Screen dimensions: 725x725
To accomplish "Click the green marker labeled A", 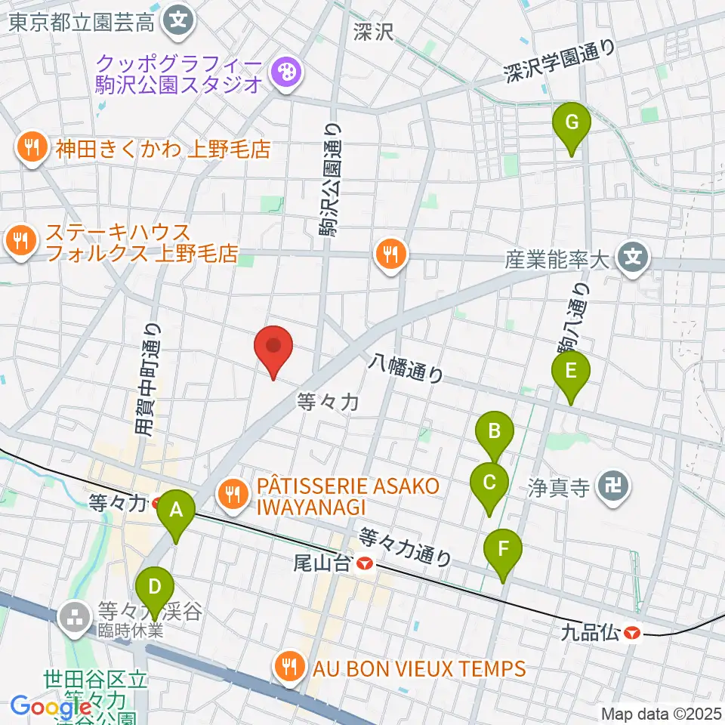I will coord(176,512).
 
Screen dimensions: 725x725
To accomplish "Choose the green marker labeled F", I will coord(504,551).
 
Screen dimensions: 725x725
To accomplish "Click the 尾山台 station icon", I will coord(366,563).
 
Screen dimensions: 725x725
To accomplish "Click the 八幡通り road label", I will coord(406,370).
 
